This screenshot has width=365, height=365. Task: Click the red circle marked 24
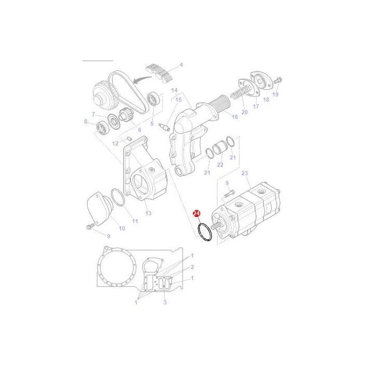[197, 214]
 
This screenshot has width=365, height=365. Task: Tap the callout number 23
[245, 172]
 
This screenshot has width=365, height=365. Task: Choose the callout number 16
[235, 117]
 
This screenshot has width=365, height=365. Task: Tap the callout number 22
[220, 165]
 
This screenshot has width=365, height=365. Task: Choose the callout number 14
[174, 90]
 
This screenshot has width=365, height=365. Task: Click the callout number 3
[165, 302]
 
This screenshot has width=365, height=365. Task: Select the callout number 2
[192, 267]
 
